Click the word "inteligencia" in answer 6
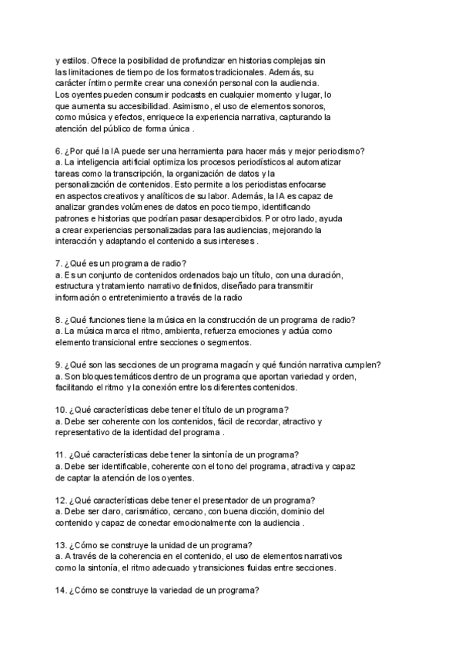pyautogui.click(x=99, y=163)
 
